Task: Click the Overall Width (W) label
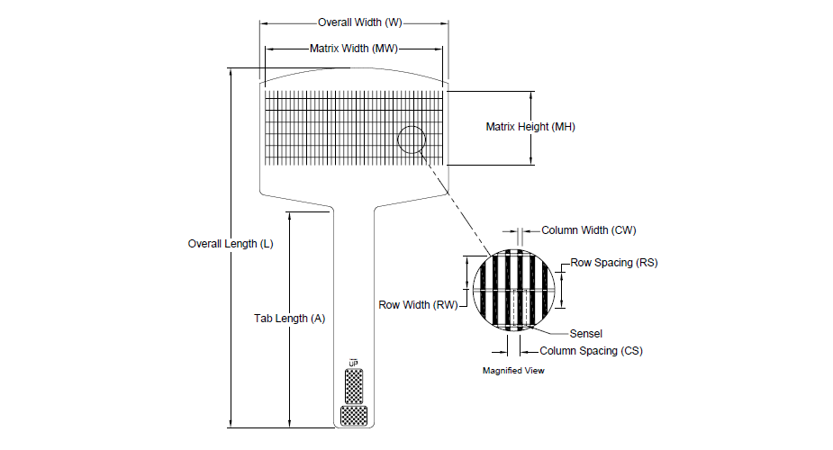tap(359, 22)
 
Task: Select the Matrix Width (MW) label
tap(354, 49)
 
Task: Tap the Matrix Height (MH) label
tap(530, 127)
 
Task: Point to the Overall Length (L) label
tap(231, 244)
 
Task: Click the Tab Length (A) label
tap(290, 319)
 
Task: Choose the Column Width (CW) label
tap(589, 230)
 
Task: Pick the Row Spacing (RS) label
tap(613, 263)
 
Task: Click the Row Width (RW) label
tap(418, 305)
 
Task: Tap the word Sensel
tap(586, 334)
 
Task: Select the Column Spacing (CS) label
tap(592, 351)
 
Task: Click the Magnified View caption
tap(513, 371)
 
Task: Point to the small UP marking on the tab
tap(353, 363)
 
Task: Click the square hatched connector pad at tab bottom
tap(354, 416)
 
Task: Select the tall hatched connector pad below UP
tap(354, 386)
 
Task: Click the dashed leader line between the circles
tap(456, 201)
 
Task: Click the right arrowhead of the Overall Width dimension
tap(444, 23)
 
